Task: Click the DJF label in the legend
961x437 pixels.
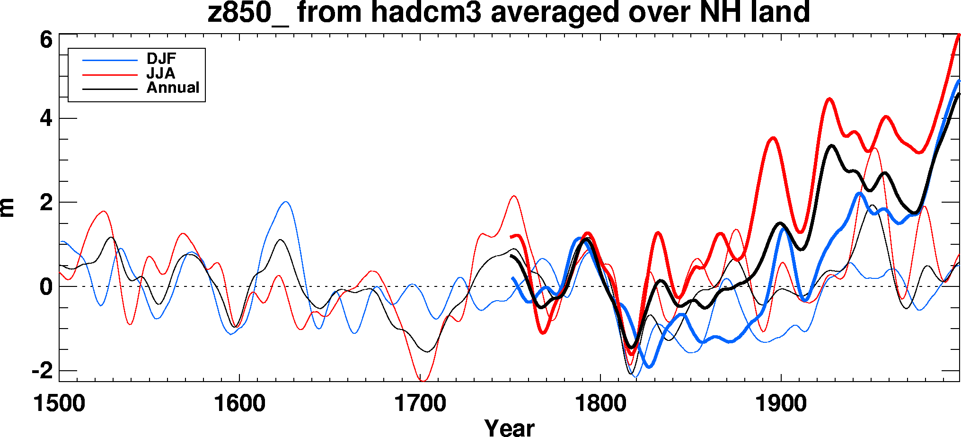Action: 161,59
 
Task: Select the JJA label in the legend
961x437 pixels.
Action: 161,73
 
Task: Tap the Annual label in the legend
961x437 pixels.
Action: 173,88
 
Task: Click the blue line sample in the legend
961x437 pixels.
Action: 110,60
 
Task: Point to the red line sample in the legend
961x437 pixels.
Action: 110,75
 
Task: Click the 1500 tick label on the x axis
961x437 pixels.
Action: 59,404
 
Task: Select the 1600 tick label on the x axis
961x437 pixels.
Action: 239,404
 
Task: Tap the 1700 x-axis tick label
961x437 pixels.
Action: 420,404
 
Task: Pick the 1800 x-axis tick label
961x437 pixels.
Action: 600,404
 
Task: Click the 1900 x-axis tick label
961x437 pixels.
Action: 781,404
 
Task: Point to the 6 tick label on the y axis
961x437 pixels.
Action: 46,40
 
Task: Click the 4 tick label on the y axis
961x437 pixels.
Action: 46,118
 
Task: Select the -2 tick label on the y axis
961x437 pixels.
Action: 42,371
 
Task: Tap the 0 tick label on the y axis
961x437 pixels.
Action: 46,287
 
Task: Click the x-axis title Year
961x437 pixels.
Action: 509,428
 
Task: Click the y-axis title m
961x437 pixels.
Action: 8,207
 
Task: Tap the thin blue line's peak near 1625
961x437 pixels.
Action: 285,202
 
